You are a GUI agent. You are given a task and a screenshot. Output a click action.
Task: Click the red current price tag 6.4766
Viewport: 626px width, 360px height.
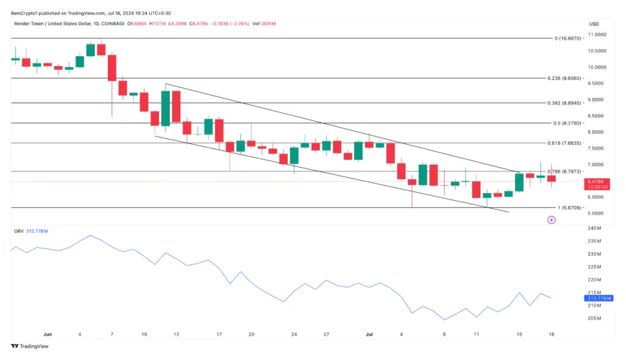[596, 181]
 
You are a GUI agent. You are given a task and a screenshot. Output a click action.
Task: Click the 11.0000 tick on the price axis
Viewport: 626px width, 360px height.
[598, 35]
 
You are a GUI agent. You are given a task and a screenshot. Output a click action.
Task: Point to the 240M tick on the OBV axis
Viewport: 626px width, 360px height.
[594, 228]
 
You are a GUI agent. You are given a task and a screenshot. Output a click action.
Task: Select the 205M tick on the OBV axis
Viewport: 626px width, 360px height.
[594, 318]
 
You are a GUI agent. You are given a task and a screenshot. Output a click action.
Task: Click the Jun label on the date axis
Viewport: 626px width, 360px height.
[48, 335]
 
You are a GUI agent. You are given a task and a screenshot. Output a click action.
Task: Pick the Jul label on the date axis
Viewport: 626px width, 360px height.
[370, 335]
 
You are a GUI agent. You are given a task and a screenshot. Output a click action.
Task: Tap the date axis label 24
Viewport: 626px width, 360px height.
[294, 335]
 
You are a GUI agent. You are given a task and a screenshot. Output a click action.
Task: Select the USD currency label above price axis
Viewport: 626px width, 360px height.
[594, 24]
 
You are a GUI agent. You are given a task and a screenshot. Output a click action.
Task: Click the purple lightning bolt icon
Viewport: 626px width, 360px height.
[551, 220]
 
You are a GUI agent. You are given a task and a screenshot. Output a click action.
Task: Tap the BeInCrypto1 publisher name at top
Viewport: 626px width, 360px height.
[28, 12]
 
